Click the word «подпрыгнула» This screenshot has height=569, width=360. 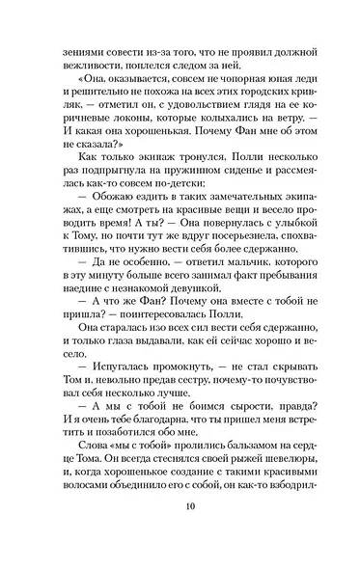pos(127,199)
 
